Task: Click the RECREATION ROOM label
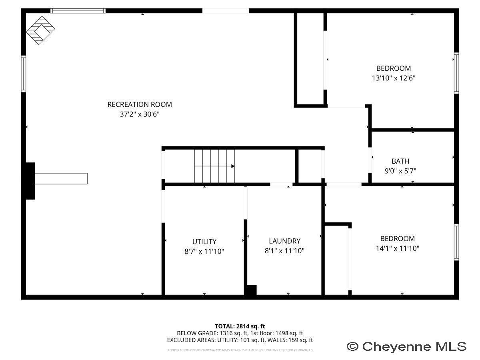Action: pos(140,104)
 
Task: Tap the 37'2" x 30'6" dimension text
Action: pos(140,114)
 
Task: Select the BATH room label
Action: pos(400,161)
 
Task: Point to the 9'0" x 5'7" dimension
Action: pos(400,171)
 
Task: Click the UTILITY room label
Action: pos(204,242)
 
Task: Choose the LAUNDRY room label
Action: pos(284,241)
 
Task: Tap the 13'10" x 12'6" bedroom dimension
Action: pos(393,78)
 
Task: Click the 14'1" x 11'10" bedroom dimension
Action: pos(397,248)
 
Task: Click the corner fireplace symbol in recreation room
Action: pos(40,30)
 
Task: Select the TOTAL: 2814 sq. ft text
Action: pos(240,326)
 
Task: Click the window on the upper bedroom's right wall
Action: pos(456,73)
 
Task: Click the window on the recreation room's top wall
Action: pos(78,11)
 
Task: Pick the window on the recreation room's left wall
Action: pos(24,74)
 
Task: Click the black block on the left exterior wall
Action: pos(30,180)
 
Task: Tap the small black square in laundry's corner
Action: pos(251,290)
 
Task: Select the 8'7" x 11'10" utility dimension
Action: pos(204,252)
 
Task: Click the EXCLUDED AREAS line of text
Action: pos(240,340)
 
